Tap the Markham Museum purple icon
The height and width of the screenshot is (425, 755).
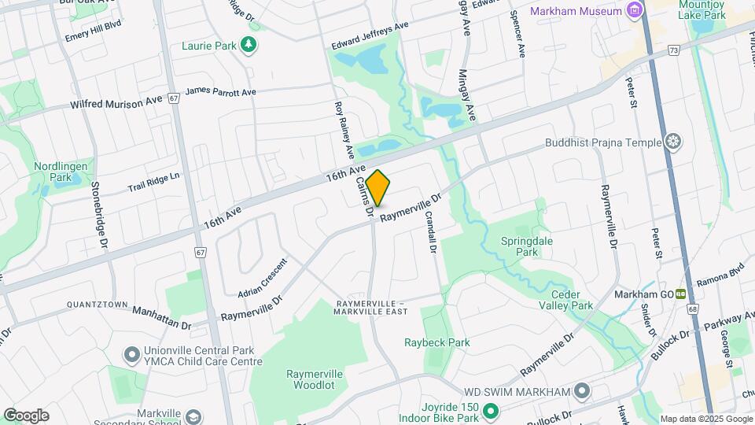pos(634,11)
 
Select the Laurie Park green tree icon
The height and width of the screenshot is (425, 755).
pos(249,45)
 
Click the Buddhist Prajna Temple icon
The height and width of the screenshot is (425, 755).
pos(672,142)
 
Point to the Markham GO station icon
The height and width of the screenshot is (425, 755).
pos(682,294)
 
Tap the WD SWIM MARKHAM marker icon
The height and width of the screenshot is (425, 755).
pos(582,391)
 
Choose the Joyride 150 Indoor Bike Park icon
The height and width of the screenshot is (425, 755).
pos(492,410)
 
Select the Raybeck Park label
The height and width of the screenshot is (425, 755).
pos(437,342)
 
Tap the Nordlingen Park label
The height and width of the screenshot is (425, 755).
pos(53,172)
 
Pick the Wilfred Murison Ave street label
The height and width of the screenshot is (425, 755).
pos(117,103)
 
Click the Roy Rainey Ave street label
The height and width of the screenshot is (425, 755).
pos(343,128)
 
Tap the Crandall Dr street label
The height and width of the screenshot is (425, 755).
pos(431,231)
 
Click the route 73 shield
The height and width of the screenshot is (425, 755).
pos(673,50)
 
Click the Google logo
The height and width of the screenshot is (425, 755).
pos(26,416)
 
